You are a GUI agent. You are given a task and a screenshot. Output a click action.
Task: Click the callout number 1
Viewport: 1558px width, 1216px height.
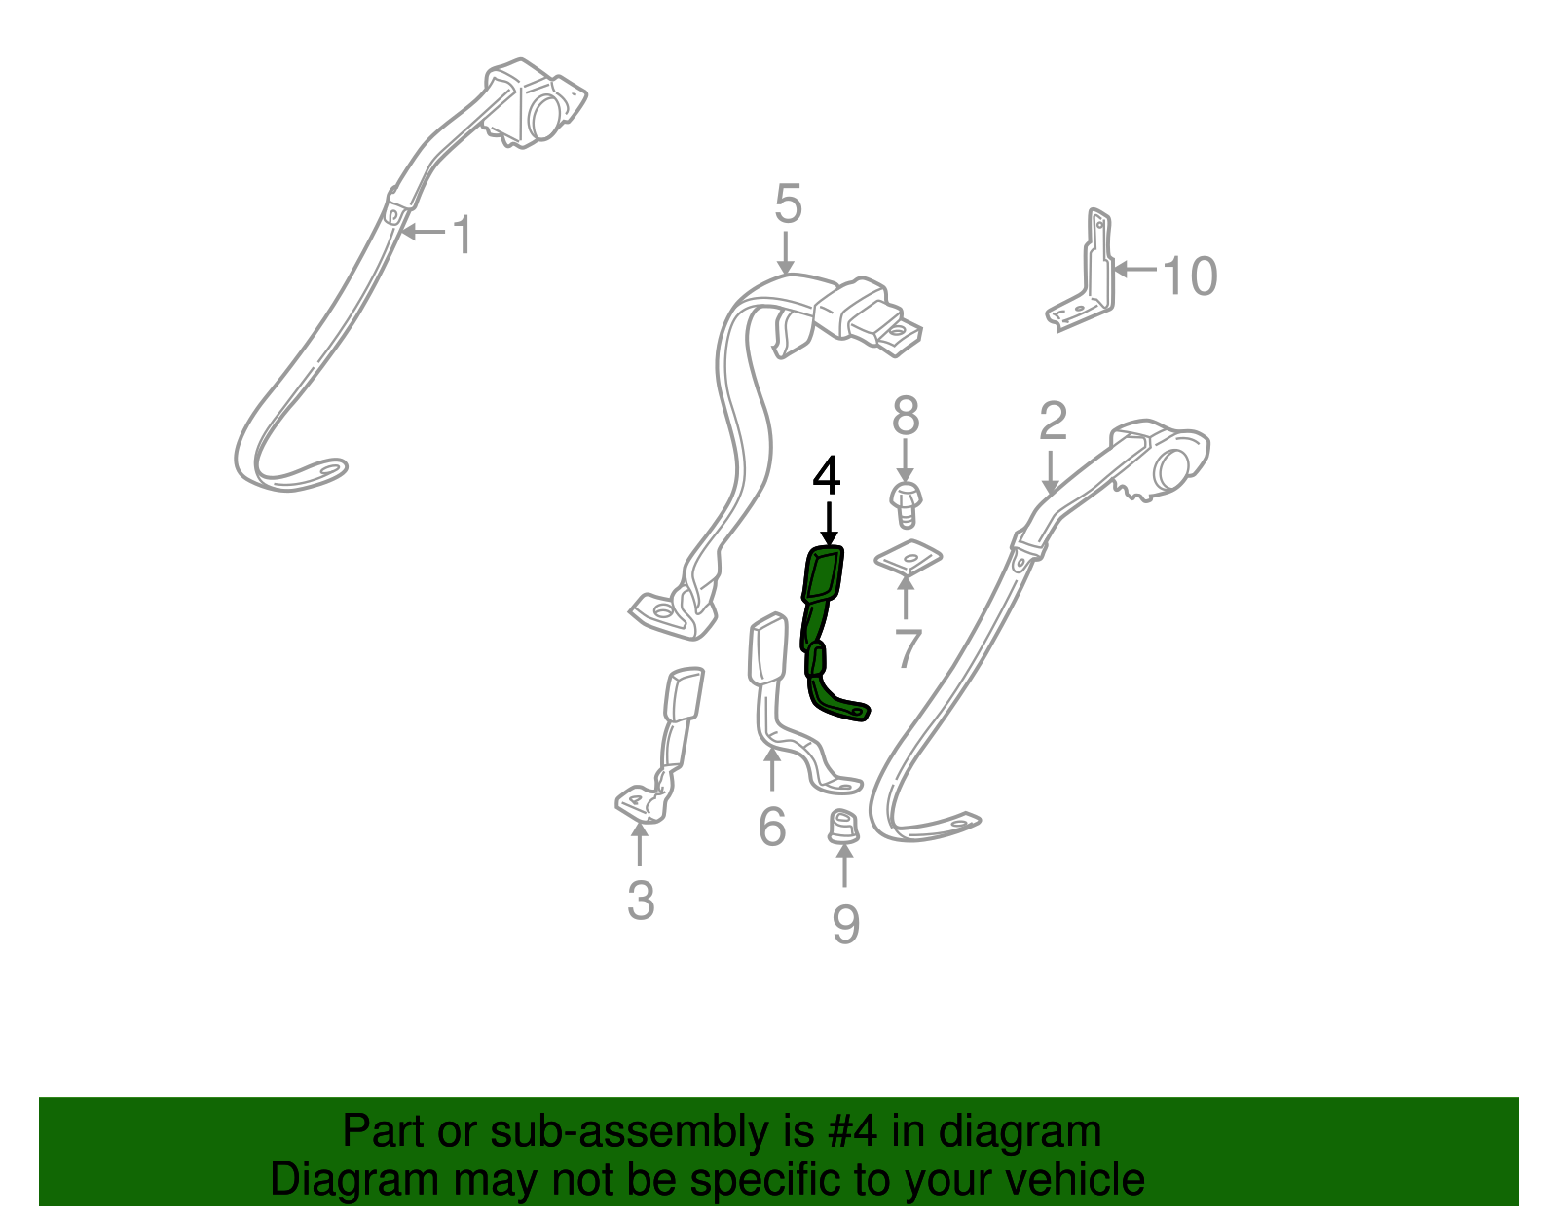[463, 235]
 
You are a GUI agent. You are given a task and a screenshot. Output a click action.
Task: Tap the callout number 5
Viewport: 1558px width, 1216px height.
[787, 203]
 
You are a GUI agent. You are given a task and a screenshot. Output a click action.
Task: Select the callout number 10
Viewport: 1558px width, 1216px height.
[1190, 276]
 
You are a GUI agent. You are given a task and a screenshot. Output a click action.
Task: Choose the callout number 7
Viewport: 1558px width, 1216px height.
[908, 648]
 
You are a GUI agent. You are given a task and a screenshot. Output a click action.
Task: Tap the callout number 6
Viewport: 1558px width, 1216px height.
[771, 827]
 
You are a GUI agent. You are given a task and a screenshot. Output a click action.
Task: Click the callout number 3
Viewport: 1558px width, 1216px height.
[641, 901]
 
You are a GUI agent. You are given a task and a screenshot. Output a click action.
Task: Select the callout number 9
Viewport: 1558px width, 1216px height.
[845, 924]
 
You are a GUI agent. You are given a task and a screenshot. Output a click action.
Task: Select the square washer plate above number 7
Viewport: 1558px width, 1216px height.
[908, 558]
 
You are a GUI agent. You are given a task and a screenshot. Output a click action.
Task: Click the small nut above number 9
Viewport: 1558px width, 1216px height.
[844, 827]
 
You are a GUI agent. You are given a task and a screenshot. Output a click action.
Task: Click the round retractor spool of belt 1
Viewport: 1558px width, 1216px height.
[546, 117]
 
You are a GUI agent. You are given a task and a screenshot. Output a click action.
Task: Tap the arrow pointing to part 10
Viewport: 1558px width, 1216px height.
[1135, 270]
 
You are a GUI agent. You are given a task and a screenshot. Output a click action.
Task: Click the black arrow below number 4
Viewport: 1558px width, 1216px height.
[829, 524]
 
